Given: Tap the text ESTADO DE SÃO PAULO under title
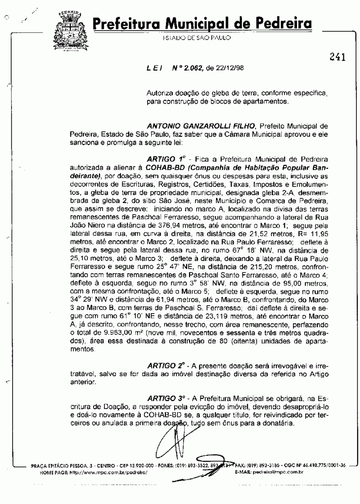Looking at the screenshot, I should tap(197, 38).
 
